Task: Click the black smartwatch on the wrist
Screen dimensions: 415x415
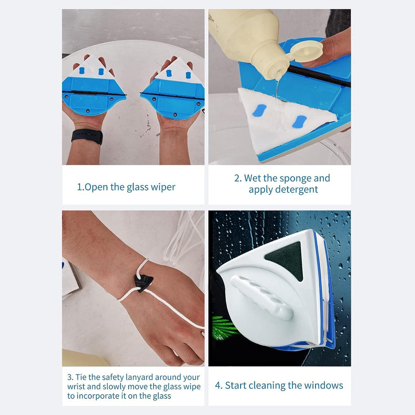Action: pos(87,136)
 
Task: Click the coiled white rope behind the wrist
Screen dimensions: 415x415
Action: pos(183,237)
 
